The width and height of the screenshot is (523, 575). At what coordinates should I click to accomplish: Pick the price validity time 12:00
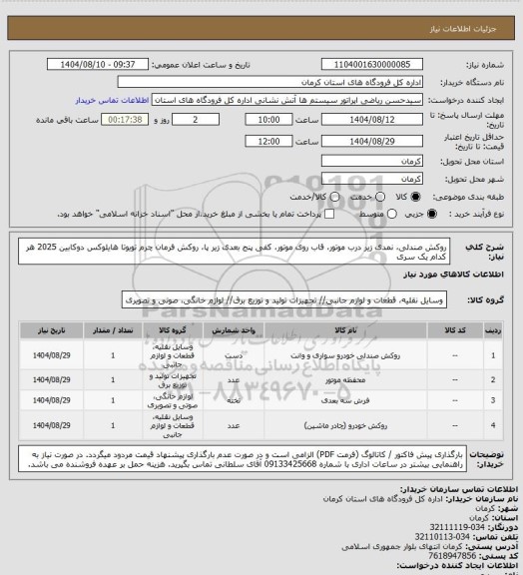266,142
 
